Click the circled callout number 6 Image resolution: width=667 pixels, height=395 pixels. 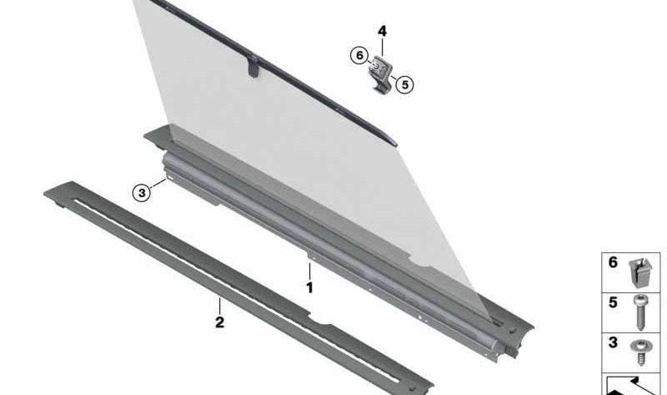(x=359, y=55)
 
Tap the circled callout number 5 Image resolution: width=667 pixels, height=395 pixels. (x=404, y=84)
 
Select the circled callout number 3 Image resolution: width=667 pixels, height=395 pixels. (x=142, y=193)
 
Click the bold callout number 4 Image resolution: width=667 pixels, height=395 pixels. (x=382, y=31)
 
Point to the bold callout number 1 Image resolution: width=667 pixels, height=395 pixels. (x=309, y=287)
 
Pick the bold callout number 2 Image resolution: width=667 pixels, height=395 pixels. (x=219, y=322)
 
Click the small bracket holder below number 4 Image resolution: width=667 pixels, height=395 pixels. (x=381, y=73)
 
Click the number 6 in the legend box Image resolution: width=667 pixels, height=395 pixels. (x=613, y=262)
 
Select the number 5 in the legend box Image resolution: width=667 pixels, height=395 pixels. (x=613, y=302)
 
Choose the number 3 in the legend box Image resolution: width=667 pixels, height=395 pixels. (x=613, y=342)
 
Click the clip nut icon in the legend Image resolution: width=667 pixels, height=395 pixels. (x=640, y=272)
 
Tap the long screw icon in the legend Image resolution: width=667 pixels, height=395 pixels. (x=640, y=312)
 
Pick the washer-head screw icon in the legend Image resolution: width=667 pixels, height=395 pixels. (x=640, y=352)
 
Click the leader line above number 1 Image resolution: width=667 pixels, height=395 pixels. (x=309, y=271)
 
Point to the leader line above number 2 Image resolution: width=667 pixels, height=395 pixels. (x=219, y=306)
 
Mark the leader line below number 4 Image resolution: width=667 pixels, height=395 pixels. (x=382, y=48)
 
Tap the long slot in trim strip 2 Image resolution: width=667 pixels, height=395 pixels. (x=236, y=289)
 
